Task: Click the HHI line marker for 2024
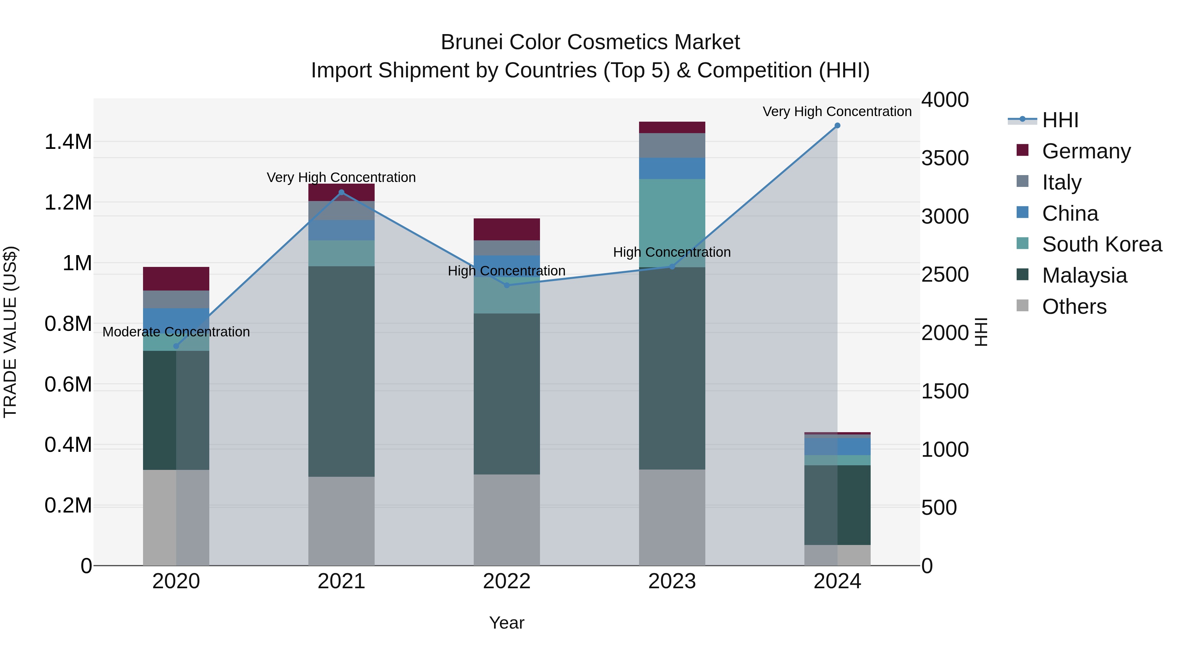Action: pyautogui.click(x=837, y=126)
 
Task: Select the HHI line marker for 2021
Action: pyautogui.click(x=341, y=192)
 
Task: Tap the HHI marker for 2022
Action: pyautogui.click(x=507, y=286)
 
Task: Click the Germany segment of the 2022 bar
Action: pyautogui.click(x=507, y=229)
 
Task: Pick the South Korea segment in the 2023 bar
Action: pyautogui.click(x=672, y=220)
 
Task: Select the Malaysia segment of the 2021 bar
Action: pyautogui.click(x=341, y=371)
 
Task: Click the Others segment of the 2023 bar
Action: pyautogui.click(x=672, y=518)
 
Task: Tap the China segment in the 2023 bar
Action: pyautogui.click(x=672, y=168)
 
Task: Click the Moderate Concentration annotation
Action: pyautogui.click(x=176, y=332)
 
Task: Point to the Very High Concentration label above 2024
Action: pyautogui.click(x=837, y=111)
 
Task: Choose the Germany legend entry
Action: pyautogui.click(x=1086, y=151)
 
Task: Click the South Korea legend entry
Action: pyautogui.click(x=1101, y=244)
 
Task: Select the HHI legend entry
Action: pyautogui.click(x=1060, y=120)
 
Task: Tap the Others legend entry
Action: pyautogui.click(x=1074, y=307)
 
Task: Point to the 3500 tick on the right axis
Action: pyautogui.click(x=945, y=158)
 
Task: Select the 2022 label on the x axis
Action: pyautogui.click(x=507, y=581)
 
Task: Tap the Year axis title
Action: pyautogui.click(x=507, y=623)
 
